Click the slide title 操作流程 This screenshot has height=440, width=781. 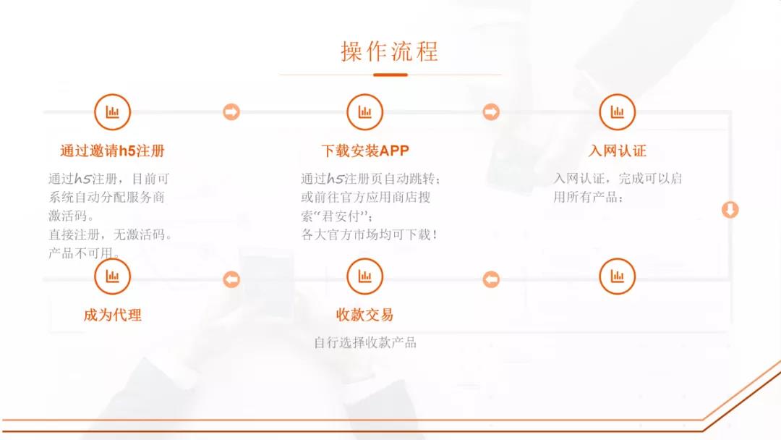point(390,51)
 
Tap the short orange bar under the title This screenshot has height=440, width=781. point(390,75)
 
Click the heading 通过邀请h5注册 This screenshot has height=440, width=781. point(113,151)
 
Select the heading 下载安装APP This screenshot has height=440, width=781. point(365,151)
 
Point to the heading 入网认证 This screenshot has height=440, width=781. point(617,151)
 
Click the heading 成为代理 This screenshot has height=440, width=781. point(113,315)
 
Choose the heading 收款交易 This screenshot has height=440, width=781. point(365,315)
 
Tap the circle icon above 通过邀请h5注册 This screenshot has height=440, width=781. point(113,111)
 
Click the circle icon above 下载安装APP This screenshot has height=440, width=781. point(365,111)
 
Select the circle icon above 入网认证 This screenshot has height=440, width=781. point(617,111)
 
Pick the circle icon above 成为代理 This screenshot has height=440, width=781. point(113,276)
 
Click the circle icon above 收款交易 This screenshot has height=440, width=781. point(365,276)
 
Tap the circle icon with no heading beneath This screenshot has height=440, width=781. point(617,276)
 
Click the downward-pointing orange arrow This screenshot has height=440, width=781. point(730,210)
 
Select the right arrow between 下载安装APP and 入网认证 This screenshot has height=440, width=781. point(491,112)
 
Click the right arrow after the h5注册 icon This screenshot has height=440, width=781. point(231,112)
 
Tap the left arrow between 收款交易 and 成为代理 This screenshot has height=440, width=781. point(231,279)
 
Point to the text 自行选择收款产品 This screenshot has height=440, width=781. point(365,343)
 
